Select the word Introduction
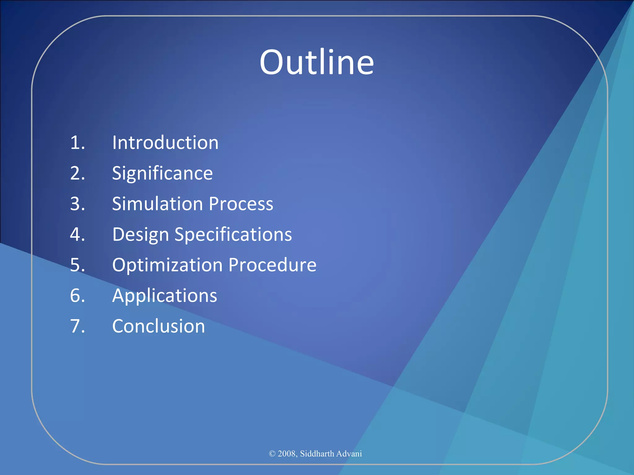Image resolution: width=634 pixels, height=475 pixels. pyautogui.click(x=165, y=143)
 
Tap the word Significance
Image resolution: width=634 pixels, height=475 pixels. pyautogui.click(x=162, y=173)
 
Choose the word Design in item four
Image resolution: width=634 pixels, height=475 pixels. pyautogui.click(x=140, y=235)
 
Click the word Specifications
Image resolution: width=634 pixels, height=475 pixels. pyautogui.click(x=233, y=235)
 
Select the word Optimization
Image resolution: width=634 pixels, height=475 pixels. pyautogui.click(x=167, y=265)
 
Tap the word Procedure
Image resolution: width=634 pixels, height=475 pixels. pyautogui.click(x=272, y=265)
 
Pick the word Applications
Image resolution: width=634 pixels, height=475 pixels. pyautogui.click(x=164, y=296)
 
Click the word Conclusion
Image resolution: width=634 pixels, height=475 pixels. pyautogui.click(x=158, y=326)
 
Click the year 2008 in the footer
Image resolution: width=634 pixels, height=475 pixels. pyautogui.click(x=287, y=454)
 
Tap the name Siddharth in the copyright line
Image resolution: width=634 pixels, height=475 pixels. pyautogui.click(x=317, y=454)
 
